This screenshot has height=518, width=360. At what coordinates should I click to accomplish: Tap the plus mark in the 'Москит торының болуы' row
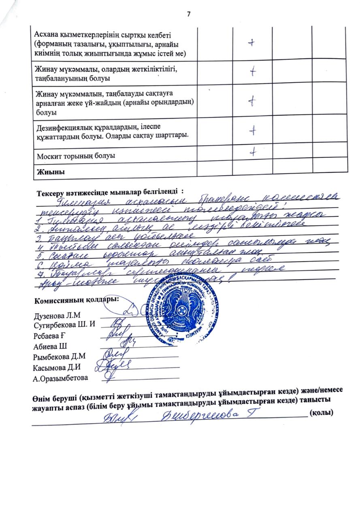tap(253, 151)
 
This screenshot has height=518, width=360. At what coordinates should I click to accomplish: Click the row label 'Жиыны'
tap(51, 172)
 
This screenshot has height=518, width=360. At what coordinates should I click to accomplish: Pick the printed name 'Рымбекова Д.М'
tap(60, 357)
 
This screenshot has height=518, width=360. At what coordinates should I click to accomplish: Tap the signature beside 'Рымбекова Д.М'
tap(109, 355)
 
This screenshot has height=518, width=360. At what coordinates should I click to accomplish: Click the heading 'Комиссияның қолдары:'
tap(77, 300)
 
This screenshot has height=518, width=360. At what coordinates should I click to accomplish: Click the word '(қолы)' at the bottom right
tap(320, 413)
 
